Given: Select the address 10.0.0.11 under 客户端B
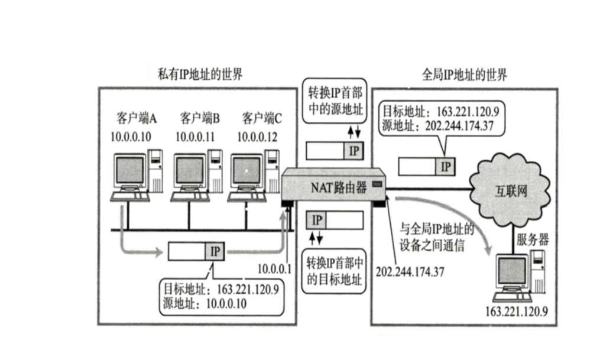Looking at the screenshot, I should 197,137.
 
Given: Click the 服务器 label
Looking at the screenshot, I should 533,239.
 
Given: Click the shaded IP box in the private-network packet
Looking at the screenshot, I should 215,252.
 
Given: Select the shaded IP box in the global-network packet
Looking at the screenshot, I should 446,167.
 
